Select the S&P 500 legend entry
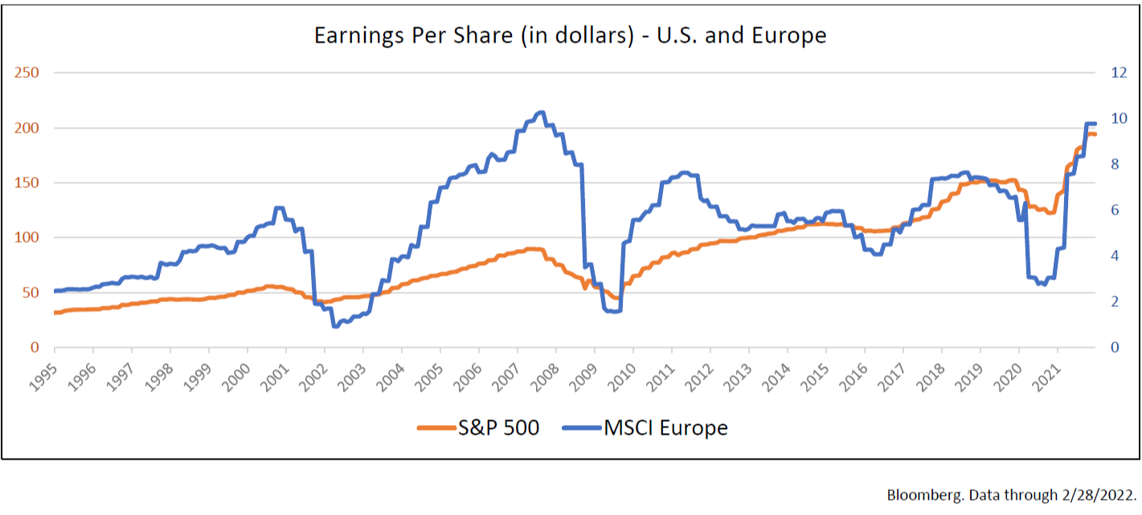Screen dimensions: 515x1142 (478, 428)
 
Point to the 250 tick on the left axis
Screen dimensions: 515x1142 (29, 73)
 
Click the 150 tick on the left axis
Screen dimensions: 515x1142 (29, 183)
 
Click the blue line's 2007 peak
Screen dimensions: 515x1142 (541, 112)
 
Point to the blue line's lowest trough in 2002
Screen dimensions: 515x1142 (335, 325)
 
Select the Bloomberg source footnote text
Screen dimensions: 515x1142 (1011, 493)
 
